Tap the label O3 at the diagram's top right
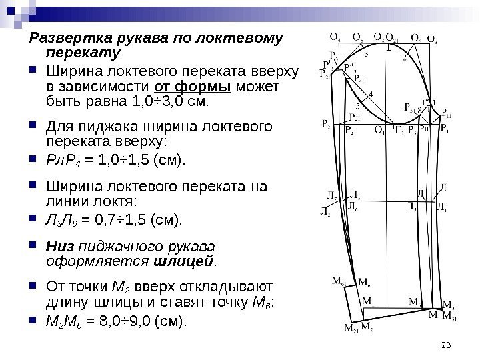tap(440, 38)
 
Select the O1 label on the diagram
tap(379, 130)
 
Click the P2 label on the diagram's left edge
tap(325, 124)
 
